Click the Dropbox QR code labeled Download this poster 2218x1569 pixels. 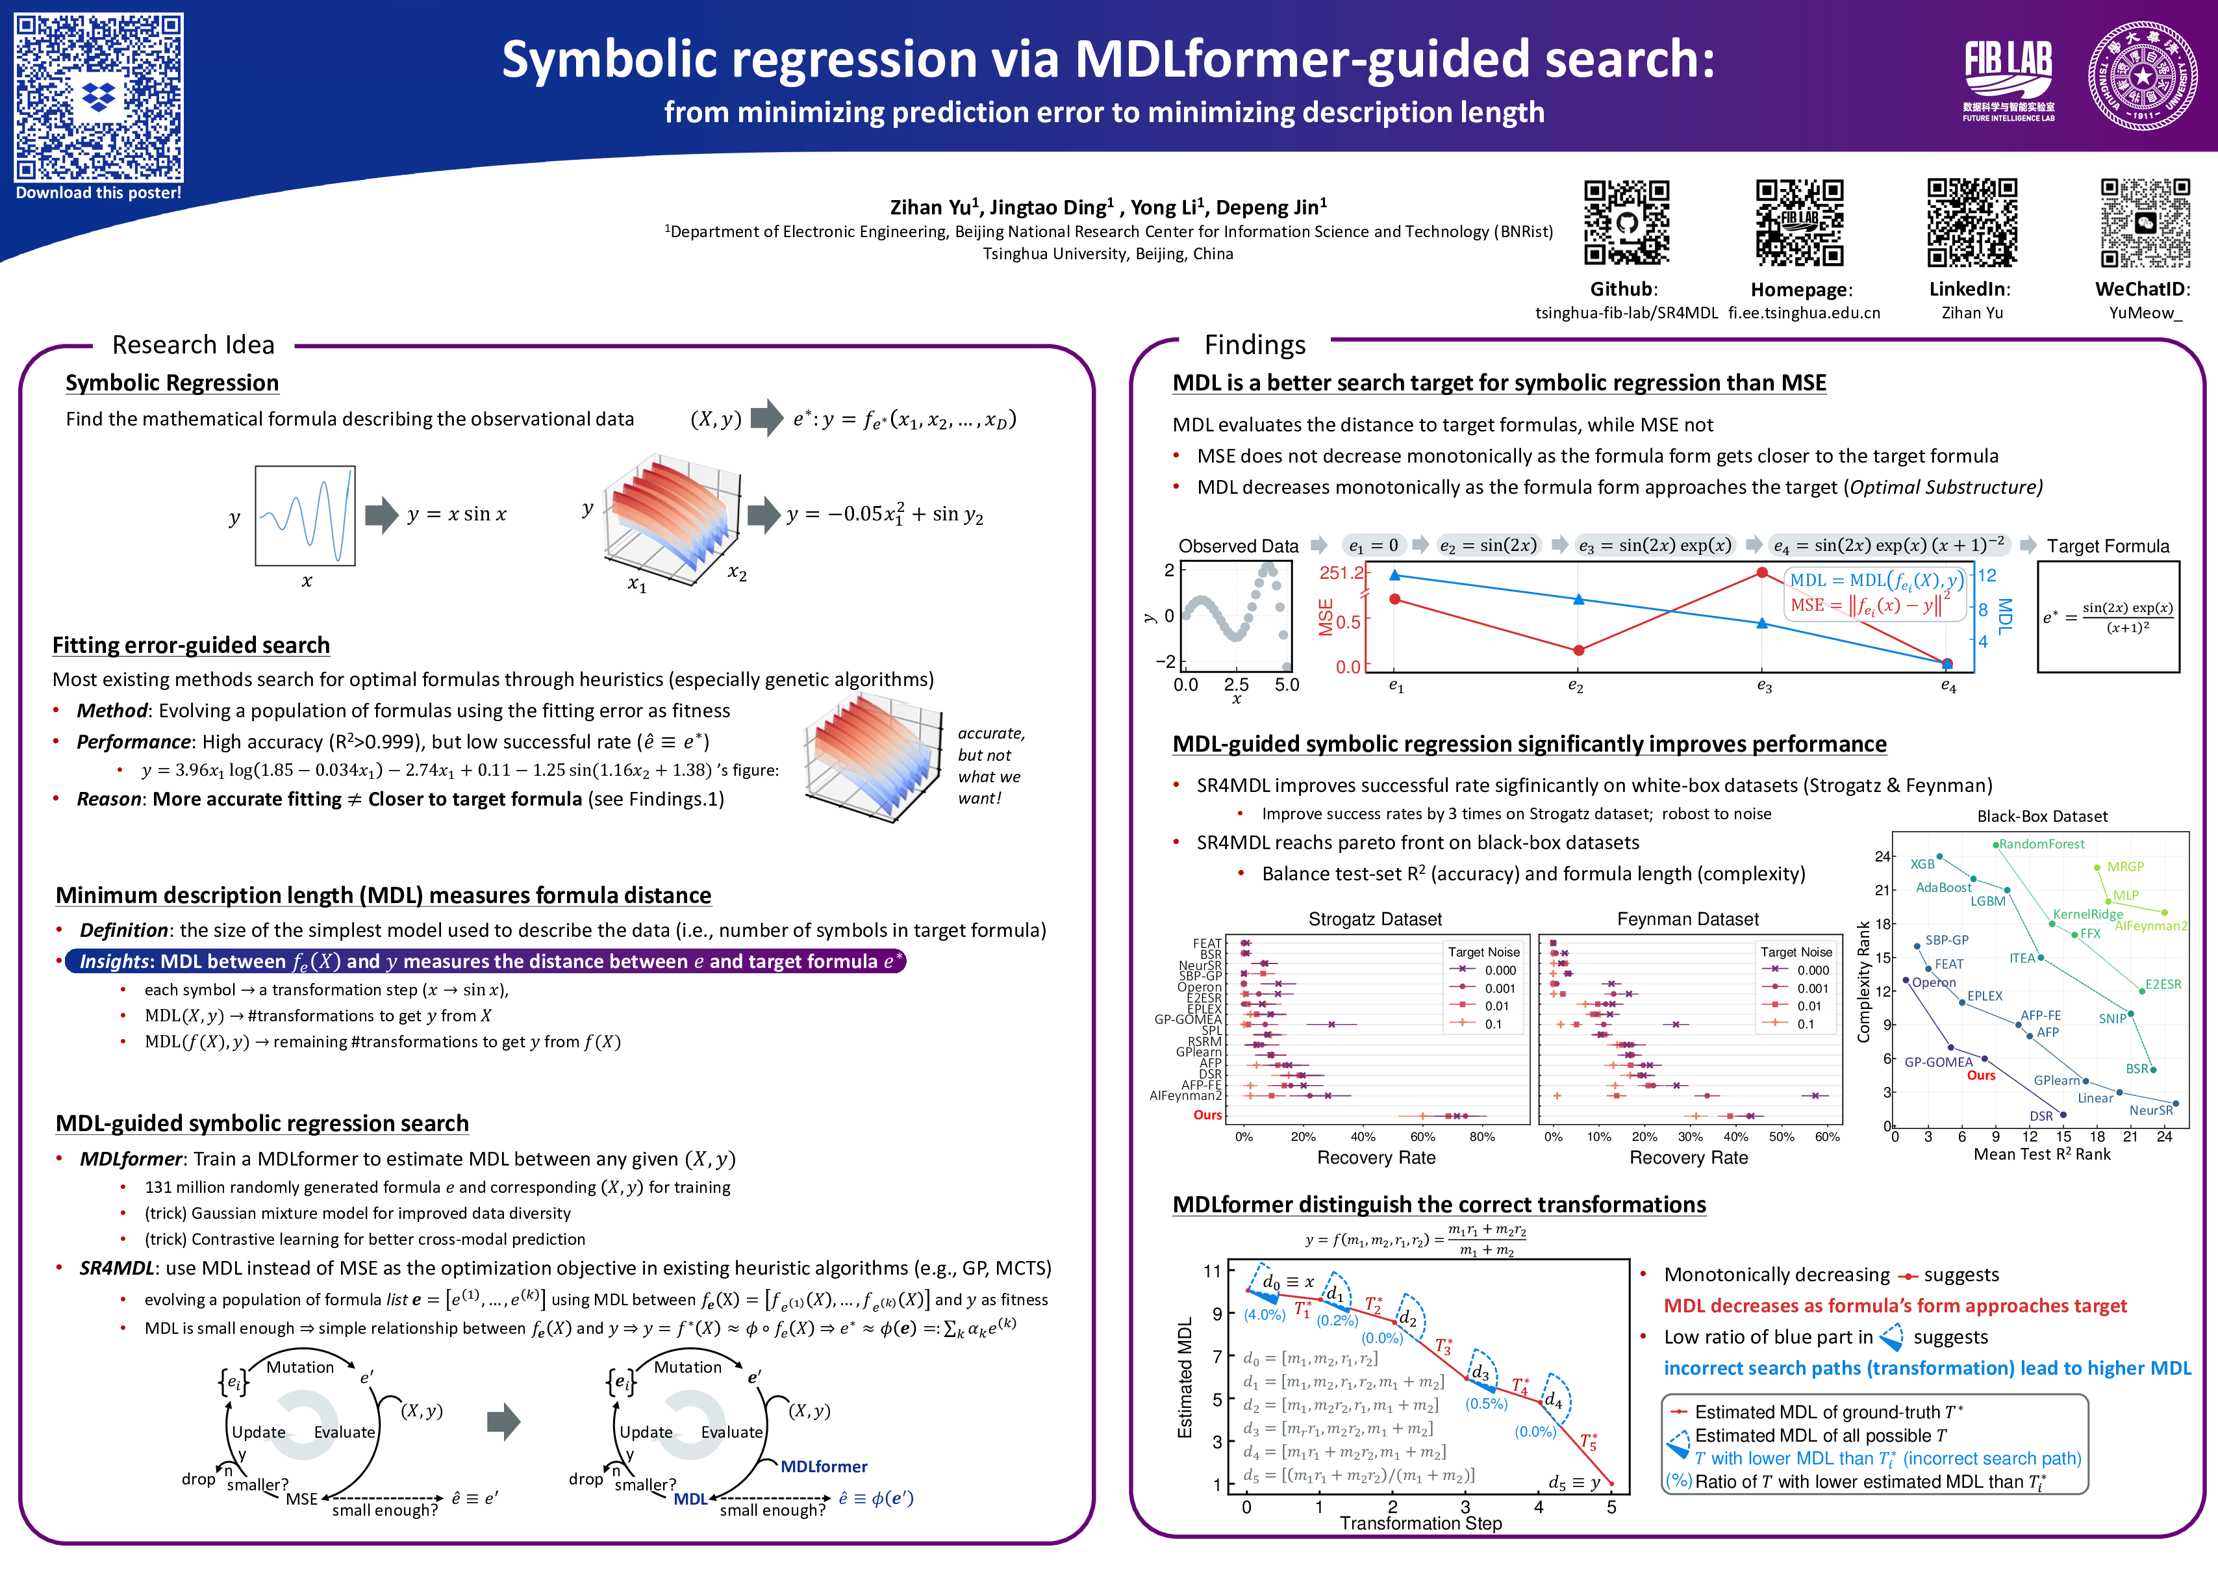99,97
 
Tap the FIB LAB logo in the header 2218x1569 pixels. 2008,77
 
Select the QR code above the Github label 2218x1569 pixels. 1626,222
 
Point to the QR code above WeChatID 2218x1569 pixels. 2145,222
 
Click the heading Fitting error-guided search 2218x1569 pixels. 191,645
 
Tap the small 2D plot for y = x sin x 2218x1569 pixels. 305,516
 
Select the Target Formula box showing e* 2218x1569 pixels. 2108,617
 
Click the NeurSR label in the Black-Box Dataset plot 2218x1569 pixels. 2150,1110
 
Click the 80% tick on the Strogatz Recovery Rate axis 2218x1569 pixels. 1482,1137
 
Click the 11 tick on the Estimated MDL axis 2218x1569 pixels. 1213,1271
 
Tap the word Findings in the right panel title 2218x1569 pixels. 1254,345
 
